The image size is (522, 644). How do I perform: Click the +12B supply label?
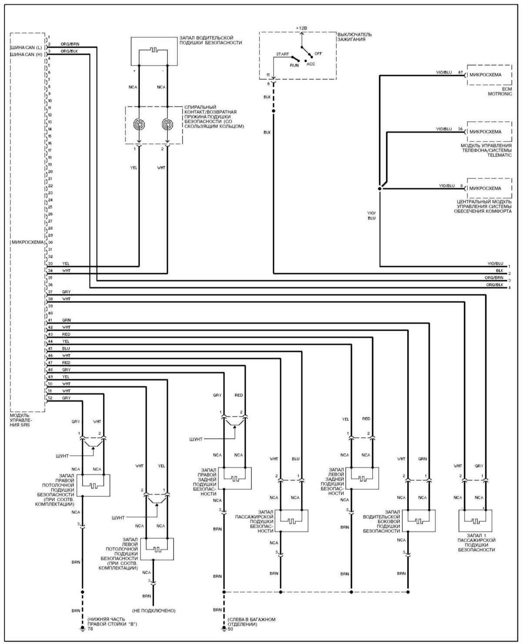[x=301, y=28]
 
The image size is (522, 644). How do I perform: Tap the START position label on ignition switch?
[x=282, y=54]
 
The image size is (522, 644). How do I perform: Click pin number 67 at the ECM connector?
[x=460, y=72]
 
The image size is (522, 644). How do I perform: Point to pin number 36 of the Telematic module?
[x=460, y=129]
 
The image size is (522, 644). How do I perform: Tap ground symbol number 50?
[x=224, y=629]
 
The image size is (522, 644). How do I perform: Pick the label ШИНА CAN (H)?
[x=26, y=54]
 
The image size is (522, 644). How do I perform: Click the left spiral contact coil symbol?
[x=139, y=124]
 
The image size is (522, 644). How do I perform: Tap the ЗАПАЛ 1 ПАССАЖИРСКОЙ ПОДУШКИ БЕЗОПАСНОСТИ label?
[x=477, y=545]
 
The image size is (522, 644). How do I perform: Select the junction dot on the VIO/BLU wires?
[x=380, y=189]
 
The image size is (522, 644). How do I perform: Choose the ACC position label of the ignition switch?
[x=311, y=64]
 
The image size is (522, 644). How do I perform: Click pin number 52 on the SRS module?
[x=50, y=398]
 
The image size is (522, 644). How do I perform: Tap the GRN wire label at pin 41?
[x=66, y=320]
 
